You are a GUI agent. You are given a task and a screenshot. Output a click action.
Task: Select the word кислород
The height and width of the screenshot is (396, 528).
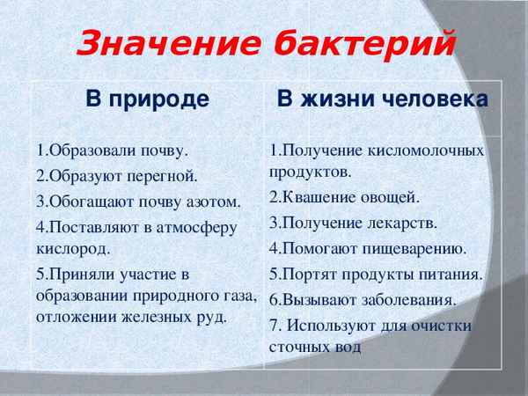[x=73, y=248]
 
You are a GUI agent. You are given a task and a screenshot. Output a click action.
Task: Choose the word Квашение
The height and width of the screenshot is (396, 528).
[x=318, y=196]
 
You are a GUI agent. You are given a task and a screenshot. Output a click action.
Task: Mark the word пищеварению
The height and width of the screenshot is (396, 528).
[x=411, y=248]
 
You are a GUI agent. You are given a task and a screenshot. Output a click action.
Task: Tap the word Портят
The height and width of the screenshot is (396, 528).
[x=307, y=274]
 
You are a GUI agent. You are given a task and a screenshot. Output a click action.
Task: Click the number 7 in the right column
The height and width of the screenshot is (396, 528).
[x=275, y=326]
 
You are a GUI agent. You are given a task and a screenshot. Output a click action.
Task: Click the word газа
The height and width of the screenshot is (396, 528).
[x=239, y=295]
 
